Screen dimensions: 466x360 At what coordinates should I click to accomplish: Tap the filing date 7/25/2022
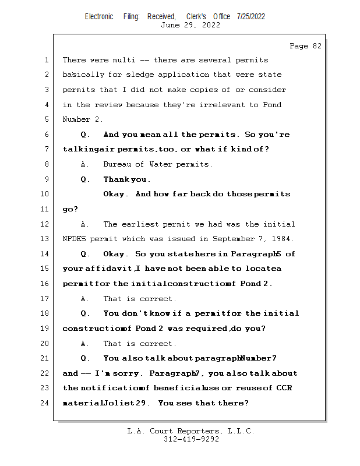pyautogui.click(x=251, y=17)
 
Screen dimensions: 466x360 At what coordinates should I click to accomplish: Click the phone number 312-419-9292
pyautogui.click(x=191, y=439)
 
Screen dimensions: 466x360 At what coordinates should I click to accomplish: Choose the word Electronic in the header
pyautogui.click(x=99, y=17)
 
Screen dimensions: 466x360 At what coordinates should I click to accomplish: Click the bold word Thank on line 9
pyautogui.click(x=116, y=179)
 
